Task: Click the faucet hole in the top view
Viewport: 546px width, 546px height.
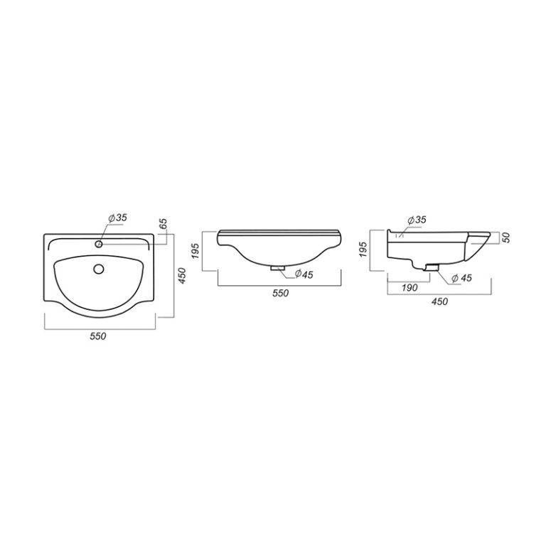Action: (x=99, y=244)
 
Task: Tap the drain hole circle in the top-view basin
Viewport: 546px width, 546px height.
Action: (x=99, y=269)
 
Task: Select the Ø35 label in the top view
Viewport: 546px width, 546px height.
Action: (x=118, y=218)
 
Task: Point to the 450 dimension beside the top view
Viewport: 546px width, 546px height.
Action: (x=183, y=275)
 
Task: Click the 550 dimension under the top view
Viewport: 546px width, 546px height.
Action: (x=98, y=336)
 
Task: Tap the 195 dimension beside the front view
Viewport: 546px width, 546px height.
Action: (x=196, y=251)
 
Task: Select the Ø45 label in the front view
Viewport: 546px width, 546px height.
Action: (x=304, y=274)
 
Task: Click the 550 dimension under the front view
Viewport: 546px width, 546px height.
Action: (x=281, y=293)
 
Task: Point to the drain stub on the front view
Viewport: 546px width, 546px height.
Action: (x=278, y=268)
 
